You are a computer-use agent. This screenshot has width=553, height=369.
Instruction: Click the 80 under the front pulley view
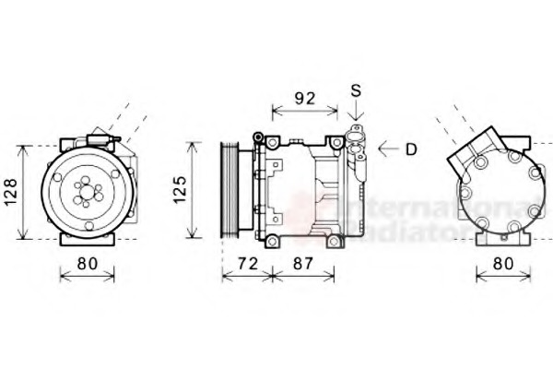tap(87, 264)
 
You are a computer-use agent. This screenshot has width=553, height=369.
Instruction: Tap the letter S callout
tap(356, 90)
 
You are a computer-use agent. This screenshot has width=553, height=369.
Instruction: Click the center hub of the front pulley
tap(88, 193)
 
